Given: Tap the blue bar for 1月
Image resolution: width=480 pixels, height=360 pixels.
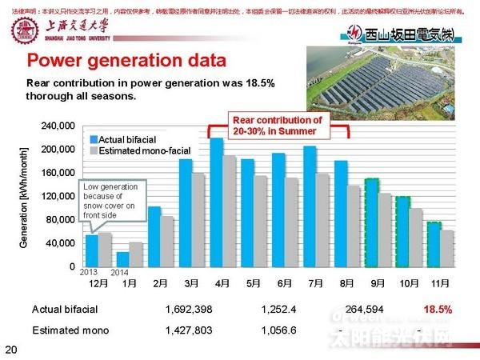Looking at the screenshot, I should (122, 258).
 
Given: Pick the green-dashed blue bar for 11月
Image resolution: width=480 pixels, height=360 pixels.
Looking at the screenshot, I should (434, 244).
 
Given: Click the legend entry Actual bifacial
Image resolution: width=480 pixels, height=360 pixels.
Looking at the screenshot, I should (135, 139).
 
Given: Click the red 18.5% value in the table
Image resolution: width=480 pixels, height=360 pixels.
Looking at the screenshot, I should (438, 309).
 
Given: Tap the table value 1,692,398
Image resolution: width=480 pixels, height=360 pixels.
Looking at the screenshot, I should (190, 309).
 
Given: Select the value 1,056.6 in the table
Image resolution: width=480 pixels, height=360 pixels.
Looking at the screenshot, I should (279, 329).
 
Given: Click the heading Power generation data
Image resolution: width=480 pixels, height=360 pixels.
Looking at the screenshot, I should (126, 61).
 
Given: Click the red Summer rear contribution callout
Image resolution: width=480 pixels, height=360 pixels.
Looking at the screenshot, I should (277, 125).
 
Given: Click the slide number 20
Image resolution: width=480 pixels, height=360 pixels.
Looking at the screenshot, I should (10, 349).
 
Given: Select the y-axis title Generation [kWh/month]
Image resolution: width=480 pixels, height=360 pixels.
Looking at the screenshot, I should (23, 196).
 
